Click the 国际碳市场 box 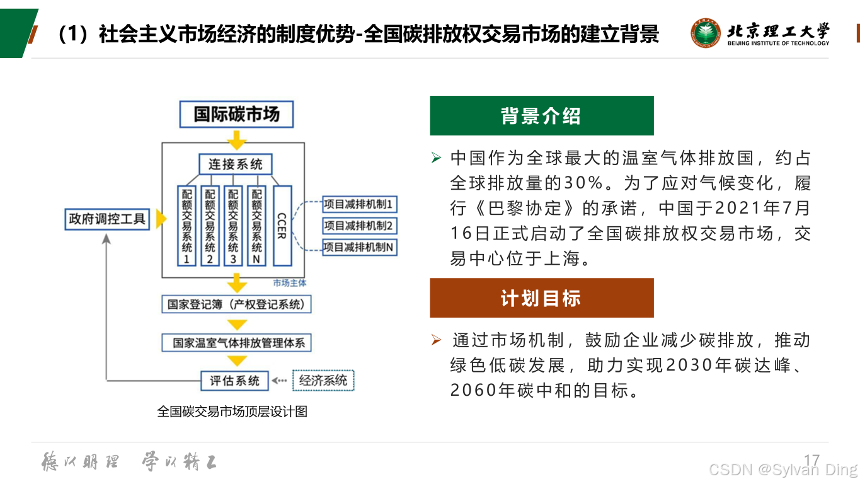click(236, 114)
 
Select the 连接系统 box click(235, 164)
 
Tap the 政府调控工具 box click(107, 219)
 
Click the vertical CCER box click(282, 225)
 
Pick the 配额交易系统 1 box click(187, 225)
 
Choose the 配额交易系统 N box click(256, 225)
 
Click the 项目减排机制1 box click(359, 204)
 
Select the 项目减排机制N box click(359, 247)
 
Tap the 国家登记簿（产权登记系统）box click(236, 305)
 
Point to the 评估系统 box click(234, 381)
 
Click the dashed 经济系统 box click(323, 381)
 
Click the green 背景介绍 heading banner click(541, 116)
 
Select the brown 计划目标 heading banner click(541, 298)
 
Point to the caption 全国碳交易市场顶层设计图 click(232, 412)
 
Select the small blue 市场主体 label click(289, 283)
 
